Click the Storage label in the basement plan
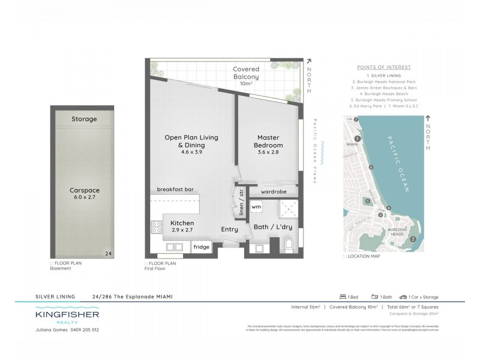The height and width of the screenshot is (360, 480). [84, 119]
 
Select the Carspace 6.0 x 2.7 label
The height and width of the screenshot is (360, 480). [84, 193]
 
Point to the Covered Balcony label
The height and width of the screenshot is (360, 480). [246, 73]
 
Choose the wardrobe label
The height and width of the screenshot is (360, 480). [273, 191]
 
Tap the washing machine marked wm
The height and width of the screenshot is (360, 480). [256, 207]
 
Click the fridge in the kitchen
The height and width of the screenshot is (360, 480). [200, 246]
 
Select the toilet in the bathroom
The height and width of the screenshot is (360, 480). [289, 245]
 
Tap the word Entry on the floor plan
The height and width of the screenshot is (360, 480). [229, 229]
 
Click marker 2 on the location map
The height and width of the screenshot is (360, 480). [412, 239]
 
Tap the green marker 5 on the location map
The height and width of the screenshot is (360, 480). [367, 201]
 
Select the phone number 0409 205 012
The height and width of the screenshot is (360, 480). [80, 330]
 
